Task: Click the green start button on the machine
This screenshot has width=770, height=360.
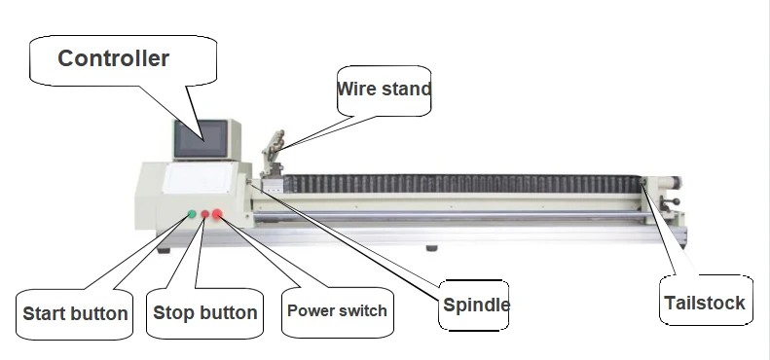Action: tap(192, 214)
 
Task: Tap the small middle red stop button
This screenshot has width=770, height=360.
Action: tap(205, 214)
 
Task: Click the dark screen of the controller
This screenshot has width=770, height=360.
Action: tap(202, 139)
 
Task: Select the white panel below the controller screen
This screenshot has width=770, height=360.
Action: tap(199, 178)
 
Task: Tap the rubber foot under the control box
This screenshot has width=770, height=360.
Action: tap(164, 250)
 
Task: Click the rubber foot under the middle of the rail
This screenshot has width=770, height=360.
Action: tap(431, 248)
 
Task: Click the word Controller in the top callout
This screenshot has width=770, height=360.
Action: tap(114, 58)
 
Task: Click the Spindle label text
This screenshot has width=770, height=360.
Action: tap(476, 305)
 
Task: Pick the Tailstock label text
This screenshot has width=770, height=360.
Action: tap(705, 303)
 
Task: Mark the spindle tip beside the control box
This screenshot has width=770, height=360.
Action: tap(250, 182)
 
